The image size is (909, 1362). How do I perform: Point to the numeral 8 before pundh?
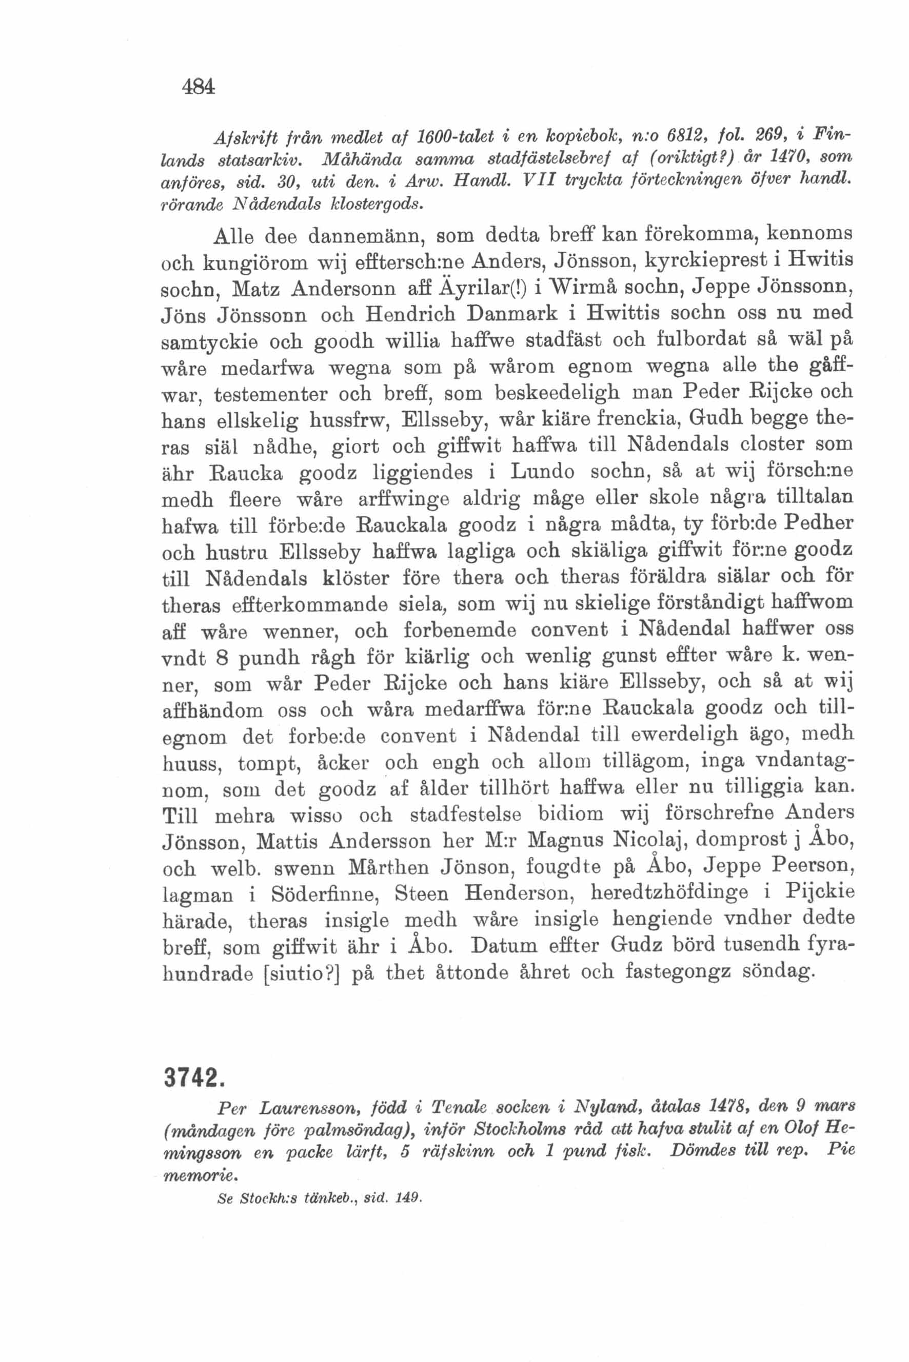click(221, 658)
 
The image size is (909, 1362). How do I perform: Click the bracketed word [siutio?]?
click(301, 974)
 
